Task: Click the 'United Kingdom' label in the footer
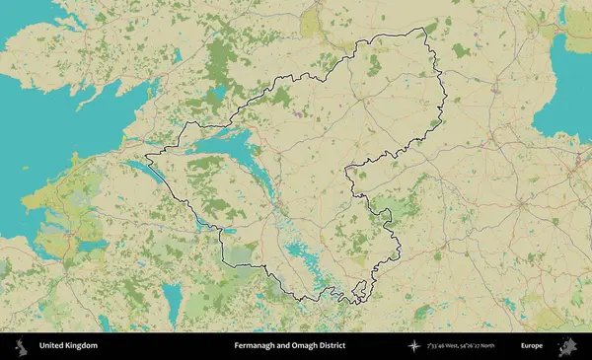click(x=68, y=346)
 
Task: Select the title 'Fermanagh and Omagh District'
click(x=290, y=346)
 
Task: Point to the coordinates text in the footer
click(x=461, y=346)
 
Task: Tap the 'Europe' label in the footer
click(x=532, y=346)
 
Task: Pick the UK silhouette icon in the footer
click(x=19, y=346)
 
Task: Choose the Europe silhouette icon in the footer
click(x=568, y=346)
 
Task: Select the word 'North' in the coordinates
click(x=502, y=346)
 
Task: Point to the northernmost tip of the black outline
click(x=425, y=29)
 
